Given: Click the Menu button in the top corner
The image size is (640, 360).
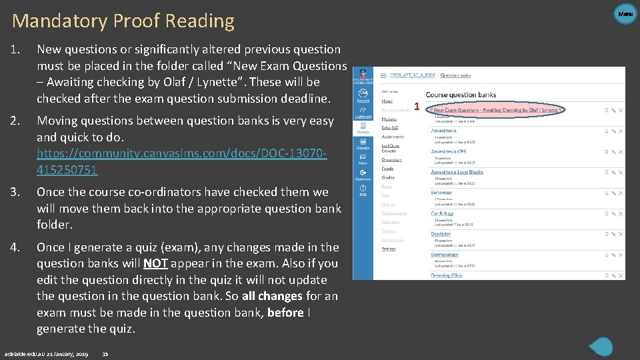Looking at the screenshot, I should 625,13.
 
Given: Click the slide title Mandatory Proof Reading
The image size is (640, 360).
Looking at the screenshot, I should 123,21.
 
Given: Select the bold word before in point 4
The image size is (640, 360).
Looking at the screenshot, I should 285,312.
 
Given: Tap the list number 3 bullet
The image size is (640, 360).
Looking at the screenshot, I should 17,192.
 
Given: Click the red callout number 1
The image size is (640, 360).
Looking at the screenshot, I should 417,107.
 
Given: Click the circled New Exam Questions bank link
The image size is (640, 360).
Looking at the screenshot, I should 495,110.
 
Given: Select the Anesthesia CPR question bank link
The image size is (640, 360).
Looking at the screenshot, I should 448,151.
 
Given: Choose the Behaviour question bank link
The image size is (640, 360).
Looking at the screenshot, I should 441,193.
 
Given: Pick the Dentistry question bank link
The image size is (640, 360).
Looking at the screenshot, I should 440,234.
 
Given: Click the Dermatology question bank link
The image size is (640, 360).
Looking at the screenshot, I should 444,255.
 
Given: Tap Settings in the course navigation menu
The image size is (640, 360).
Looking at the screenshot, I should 388,249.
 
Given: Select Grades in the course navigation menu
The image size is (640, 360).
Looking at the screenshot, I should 387,178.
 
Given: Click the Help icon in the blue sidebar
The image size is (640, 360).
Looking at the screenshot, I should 363,189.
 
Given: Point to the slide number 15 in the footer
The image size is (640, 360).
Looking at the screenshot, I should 105,353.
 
